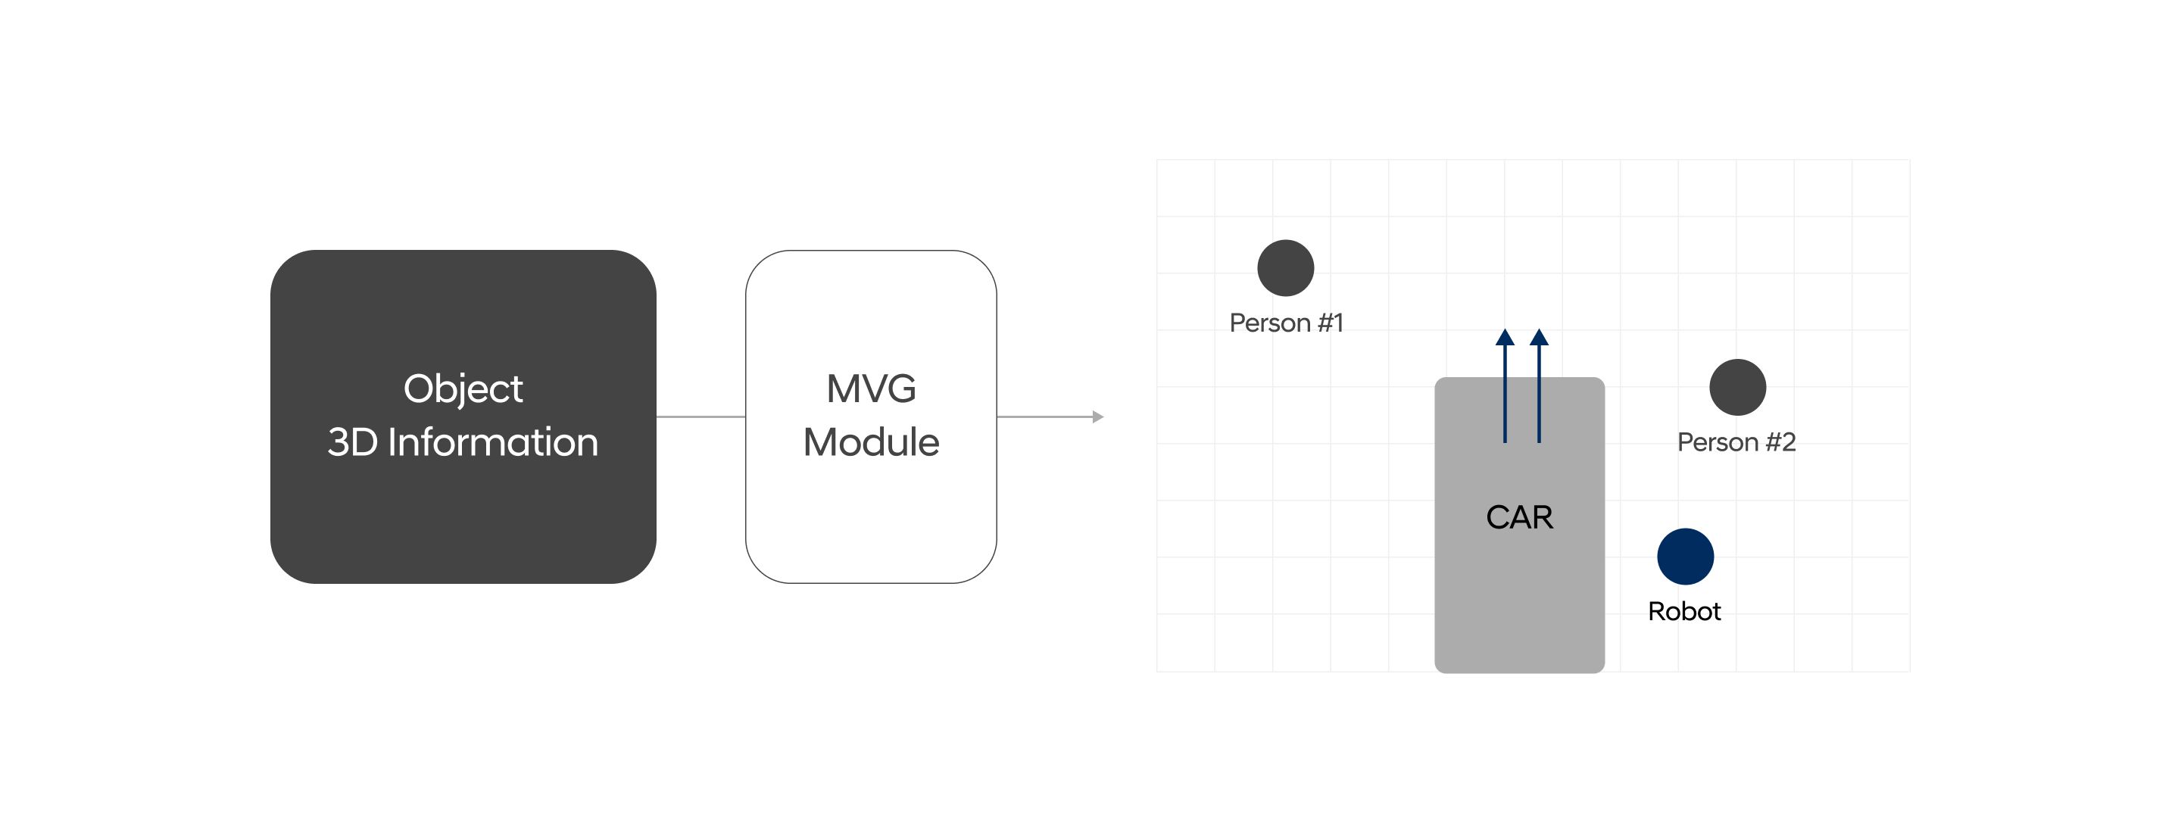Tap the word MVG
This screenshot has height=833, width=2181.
tap(870, 389)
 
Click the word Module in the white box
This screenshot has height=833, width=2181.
tap(870, 443)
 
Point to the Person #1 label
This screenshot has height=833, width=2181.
tap(1285, 323)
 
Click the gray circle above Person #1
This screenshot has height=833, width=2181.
tap(1285, 268)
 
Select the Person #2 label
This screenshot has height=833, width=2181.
tap(1736, 443)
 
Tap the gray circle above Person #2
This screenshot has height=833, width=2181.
tap(1737, 388)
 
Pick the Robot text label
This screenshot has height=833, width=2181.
tap(1684, 611)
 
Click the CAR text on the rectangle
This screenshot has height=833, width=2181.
tap(1519, 517)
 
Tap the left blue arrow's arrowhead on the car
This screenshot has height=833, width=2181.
tap(1505, 338)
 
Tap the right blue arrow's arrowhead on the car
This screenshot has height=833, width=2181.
tap(1540, 338)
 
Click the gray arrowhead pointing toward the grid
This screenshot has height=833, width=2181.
tap(1097, 416)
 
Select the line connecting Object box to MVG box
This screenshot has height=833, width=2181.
tap(700, 416)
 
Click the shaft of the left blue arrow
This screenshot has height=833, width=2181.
tap(1505, 398)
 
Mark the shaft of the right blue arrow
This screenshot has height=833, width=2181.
tap(1540, 398)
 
